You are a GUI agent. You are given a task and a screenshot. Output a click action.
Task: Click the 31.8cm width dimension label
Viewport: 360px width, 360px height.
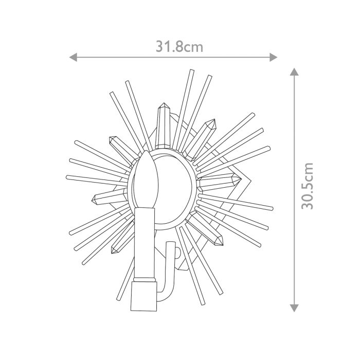click(179, 47)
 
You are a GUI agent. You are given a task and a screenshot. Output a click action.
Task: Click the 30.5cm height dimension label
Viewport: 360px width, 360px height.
click(308, 186)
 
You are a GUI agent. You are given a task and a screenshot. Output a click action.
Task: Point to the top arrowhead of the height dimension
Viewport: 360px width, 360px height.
click(294, 72)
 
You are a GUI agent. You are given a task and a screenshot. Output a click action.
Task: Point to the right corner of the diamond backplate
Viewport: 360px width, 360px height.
click(251, 181)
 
